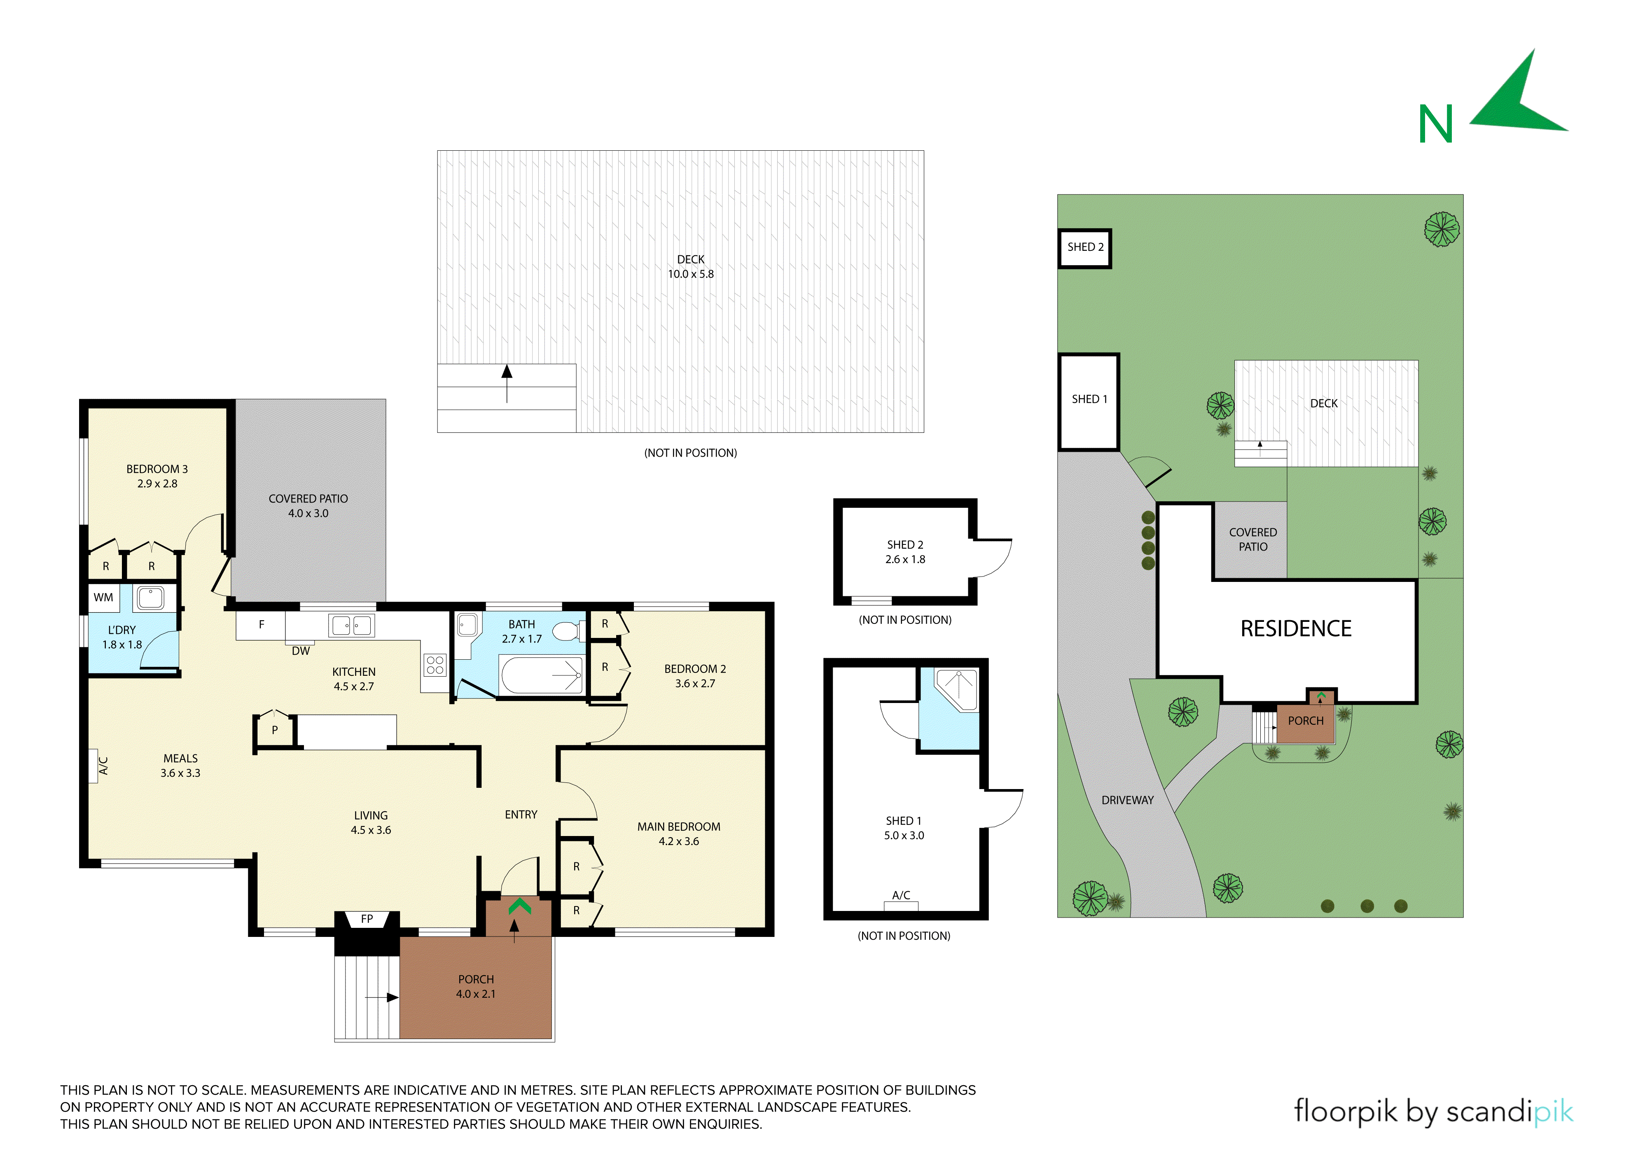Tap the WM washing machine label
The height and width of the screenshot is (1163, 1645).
coord(103,598)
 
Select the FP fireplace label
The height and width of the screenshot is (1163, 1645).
coord(367,919)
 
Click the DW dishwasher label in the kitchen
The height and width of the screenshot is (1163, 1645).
coord(301,651)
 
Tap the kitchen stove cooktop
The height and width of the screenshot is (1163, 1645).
coord(435,665)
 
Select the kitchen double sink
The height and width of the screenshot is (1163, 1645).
coord(351,626)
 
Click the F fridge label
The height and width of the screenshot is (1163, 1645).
coord(262,625)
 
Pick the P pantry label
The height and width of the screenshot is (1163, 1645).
coord(274,730)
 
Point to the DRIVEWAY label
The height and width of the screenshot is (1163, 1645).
coord(1128,801)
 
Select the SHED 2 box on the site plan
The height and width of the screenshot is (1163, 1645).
coord(1085,248)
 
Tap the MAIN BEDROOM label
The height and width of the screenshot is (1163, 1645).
coord(678,827)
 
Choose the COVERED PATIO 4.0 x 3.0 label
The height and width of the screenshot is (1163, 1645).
coord(308,506)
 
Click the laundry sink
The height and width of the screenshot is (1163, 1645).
coord(150,598)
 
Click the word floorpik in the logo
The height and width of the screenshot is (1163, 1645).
coord(1346,1112)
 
